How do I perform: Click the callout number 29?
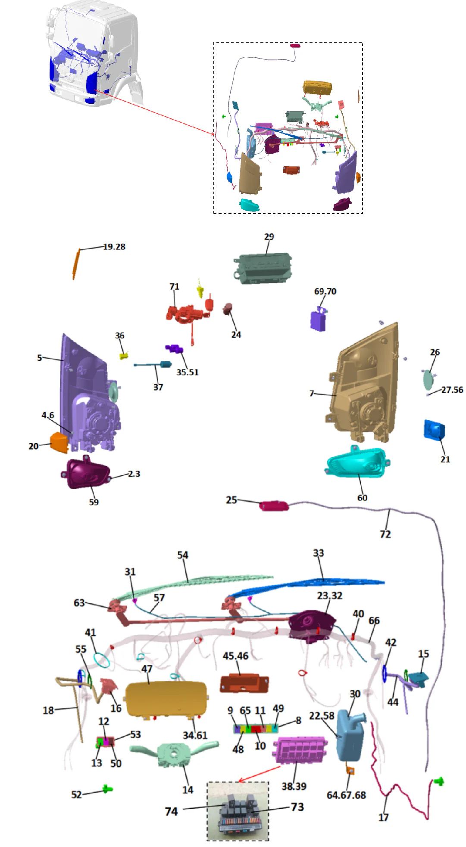tap(269, 237)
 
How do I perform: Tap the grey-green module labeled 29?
tap(263, 268)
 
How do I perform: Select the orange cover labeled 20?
tap(59, 442)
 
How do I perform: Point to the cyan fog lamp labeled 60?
tap(356, 462)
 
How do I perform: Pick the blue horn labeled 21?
tap(434, 430)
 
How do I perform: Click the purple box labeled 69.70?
tap(318, 320)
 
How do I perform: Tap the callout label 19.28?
tap(114, 247)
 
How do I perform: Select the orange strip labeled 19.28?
tap(76, 264)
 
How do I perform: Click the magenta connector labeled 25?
tap(274, 506)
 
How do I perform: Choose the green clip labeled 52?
tap(107, 789)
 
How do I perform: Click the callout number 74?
tap(171, 812)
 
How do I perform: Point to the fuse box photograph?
tap(238, 811)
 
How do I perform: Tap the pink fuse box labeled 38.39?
tap(299, 750)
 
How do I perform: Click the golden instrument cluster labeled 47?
tap(166, 698)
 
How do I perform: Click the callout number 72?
tap(385, 534)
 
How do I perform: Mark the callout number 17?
tap(383, 817)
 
